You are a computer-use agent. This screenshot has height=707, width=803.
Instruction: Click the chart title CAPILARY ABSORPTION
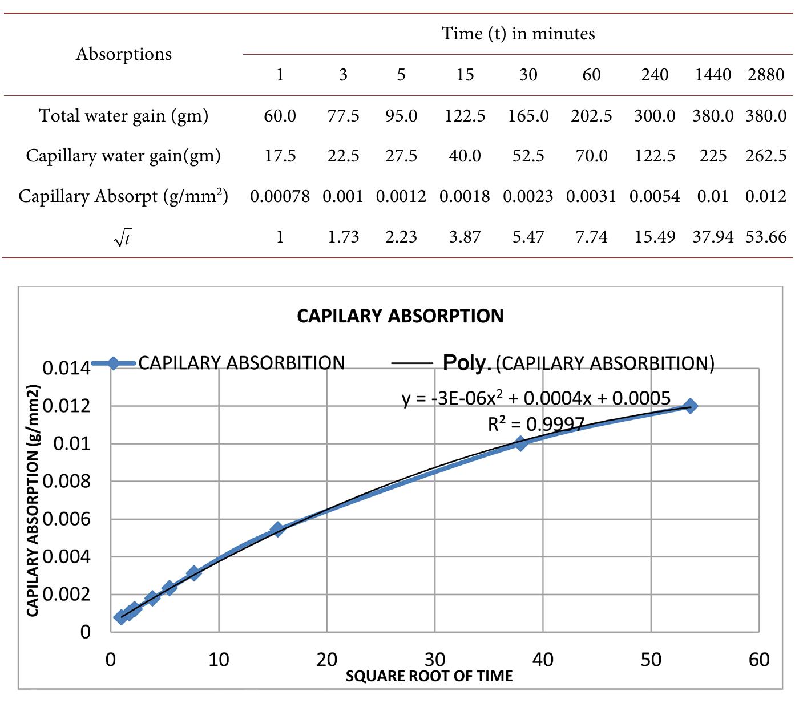(x=400, y=316)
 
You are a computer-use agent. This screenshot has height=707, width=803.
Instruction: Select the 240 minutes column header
(x=655, y=75)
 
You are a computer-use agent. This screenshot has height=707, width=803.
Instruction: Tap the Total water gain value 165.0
(x=528, y=116)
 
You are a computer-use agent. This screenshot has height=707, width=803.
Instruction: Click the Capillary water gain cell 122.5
(x=655, y=156)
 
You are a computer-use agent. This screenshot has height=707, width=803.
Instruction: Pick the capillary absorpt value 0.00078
(x=280, y=196)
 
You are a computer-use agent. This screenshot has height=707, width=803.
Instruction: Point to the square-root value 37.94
(x=713, y=237)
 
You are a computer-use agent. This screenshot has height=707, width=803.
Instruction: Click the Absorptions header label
(x=124, y=54)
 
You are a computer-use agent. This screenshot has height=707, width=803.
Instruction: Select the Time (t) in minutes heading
(x=518, y=34)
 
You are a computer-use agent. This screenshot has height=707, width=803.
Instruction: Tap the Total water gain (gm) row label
(x=124, y=116)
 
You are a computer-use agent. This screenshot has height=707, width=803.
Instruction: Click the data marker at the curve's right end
(x=690, y=406)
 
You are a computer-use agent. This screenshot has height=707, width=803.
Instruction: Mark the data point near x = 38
(x=520, y=443)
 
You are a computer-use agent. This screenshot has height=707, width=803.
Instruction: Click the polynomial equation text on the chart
(x=536, y=398)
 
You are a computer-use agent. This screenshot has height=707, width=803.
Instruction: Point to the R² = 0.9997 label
(x=536, y=424)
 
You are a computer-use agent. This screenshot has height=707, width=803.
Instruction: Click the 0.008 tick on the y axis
(x=67, y=482)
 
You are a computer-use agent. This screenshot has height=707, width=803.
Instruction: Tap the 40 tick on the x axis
(x=543, y=660)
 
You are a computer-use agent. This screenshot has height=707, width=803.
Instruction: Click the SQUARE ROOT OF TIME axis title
(x=429, y=676)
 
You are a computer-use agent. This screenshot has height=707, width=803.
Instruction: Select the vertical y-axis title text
(x=33, y=500)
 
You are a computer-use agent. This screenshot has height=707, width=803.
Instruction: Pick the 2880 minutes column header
(x=766, y=75)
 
